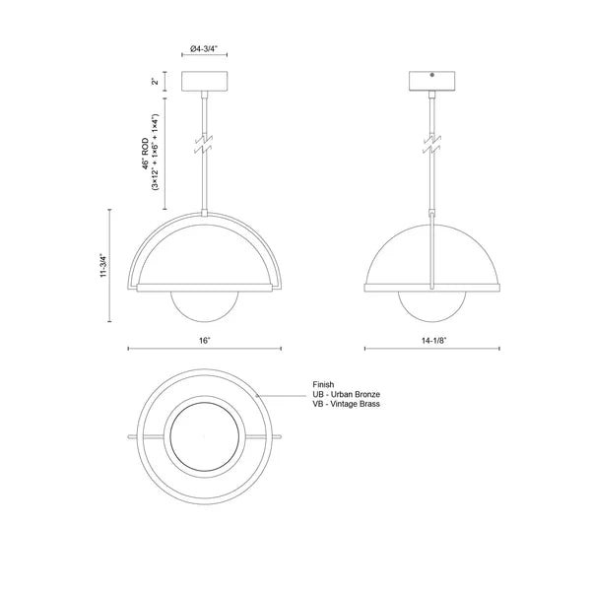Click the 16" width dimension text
pos(204,340)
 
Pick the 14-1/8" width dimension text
pos(433,340)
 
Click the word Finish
pos(323,384)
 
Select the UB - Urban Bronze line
pos(346,394)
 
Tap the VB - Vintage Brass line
pos(346,404)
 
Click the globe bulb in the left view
pos(205,311)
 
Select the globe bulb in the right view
pos(433,311)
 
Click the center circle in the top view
pos(205,435)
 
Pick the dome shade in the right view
pos(433,251)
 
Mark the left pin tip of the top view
pos(129,435)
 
